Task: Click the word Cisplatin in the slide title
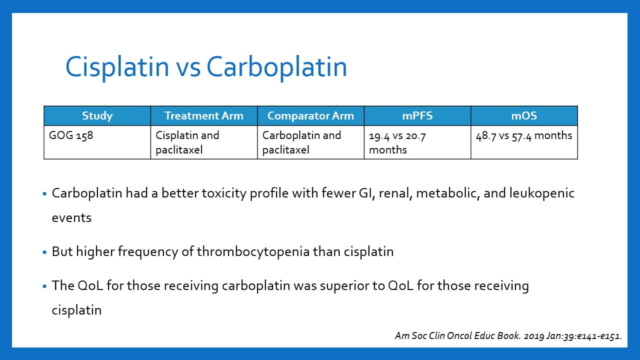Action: (117, 67)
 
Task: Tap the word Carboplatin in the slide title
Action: (276, 67)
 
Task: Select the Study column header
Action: (97, 115)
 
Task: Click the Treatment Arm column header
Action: (204, 115)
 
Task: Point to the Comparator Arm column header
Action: (310, 115)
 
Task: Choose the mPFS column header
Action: (417, 115)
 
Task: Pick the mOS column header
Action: (524, 115)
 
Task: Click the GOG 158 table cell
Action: (97, 142)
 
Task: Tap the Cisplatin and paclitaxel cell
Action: (204, 142)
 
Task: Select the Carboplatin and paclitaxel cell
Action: (310, 142)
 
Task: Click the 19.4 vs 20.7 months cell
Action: (417, 142)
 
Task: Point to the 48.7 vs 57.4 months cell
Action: (524, 142)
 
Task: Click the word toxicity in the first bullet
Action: (224, 193)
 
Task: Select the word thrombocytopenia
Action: (253, 252)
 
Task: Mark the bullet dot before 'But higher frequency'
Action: (44, 252)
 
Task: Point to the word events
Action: (71, 218)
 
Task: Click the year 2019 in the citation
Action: (533, 336)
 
